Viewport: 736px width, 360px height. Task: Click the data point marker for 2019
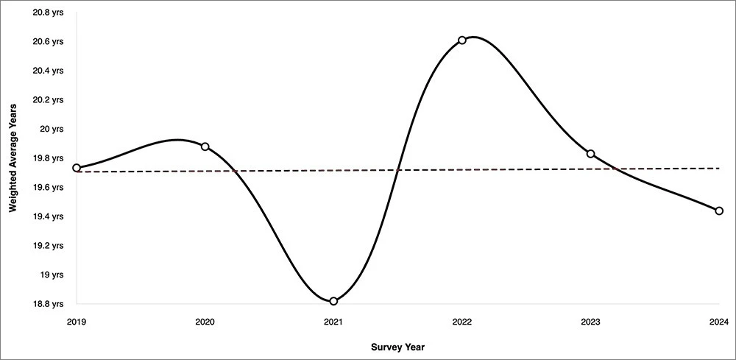tap(77, 168)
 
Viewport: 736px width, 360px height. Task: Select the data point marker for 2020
tap(205, 147)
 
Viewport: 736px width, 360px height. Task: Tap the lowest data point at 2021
tap(333, 301)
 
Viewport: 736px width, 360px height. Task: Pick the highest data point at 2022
tap(462, 40)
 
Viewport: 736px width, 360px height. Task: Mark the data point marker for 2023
tap(590, 154)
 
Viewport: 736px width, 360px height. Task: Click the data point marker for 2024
tap(719, 211)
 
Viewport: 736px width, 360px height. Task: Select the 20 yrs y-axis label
tap(52, 130)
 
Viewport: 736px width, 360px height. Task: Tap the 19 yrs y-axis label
tap(52, 275)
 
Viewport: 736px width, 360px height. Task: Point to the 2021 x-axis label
tap(333, 322)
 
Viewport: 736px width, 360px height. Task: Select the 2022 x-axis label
tap(462, 322)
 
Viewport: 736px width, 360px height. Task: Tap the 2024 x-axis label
tap(719, 322)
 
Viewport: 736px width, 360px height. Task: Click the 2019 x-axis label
tap(77, 322)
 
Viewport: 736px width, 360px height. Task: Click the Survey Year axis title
tap(397, 346)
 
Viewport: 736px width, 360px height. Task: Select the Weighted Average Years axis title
tap(13, 158)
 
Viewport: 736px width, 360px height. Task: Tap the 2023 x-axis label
tap(590, 322)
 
